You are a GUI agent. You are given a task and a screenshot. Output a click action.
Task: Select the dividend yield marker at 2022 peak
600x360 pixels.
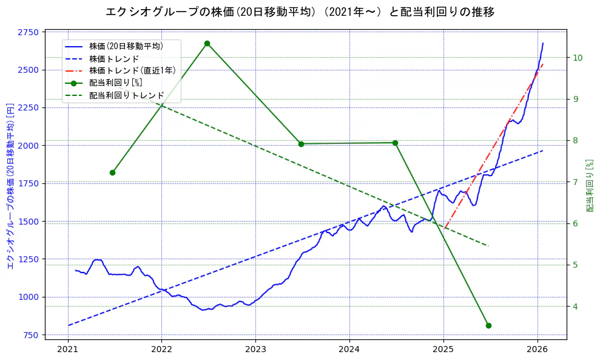[207, 43]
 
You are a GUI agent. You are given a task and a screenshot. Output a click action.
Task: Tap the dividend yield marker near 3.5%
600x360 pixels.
[488, 325]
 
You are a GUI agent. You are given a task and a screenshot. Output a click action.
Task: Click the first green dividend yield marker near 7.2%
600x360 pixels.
[112, 172]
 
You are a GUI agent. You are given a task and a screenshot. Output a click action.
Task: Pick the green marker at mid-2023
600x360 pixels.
[301, 144]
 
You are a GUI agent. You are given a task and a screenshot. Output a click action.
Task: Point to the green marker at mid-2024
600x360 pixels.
[395, 143]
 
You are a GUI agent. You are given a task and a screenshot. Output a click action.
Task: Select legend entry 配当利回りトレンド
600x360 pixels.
[126, 95]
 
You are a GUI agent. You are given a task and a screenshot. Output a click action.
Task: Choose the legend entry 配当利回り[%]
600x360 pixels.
[115, 83]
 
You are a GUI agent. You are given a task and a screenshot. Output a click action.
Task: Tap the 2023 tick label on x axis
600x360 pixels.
[255, 350]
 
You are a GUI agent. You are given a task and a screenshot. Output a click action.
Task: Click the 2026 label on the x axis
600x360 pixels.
[538, 350]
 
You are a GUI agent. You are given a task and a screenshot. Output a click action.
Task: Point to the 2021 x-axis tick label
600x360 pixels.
[67, 350]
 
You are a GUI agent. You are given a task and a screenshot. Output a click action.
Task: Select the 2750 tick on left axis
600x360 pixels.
[29, 32]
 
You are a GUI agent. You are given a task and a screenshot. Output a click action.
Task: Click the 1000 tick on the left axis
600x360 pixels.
[29, 297]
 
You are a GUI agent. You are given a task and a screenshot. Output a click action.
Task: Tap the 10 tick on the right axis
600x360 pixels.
[578, 58]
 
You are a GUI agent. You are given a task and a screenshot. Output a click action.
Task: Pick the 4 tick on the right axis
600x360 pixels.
[575, 307]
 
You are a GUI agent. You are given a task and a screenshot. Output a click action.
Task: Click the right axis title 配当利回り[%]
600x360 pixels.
[590, 185]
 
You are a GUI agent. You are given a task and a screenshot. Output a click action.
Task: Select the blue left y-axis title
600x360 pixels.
[10, 185]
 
